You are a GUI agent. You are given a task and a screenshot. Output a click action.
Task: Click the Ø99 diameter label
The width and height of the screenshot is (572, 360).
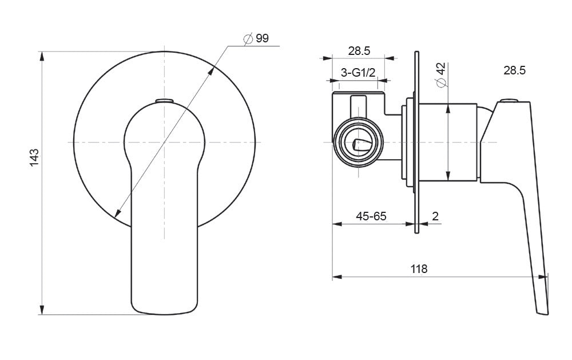256,39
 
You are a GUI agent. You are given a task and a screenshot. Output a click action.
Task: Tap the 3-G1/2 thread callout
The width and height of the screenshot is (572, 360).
358,72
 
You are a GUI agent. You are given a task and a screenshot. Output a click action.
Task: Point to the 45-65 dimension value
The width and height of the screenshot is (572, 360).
371,216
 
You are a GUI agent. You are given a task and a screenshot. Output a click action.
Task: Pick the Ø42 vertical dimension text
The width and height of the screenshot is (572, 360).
440,75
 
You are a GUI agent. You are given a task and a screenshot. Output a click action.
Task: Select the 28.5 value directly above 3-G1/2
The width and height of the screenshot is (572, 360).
359,51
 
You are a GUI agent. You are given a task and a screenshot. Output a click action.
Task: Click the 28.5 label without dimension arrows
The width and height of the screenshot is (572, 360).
514,70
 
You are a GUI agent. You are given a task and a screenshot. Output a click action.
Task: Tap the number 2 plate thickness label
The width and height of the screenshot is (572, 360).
435,216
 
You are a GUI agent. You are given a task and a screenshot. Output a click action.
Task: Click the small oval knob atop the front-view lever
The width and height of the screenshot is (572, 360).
164,101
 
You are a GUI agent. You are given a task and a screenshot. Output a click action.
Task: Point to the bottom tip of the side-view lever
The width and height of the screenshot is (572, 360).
542,312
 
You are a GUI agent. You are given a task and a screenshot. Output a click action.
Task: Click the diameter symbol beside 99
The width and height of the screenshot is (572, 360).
248,39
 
